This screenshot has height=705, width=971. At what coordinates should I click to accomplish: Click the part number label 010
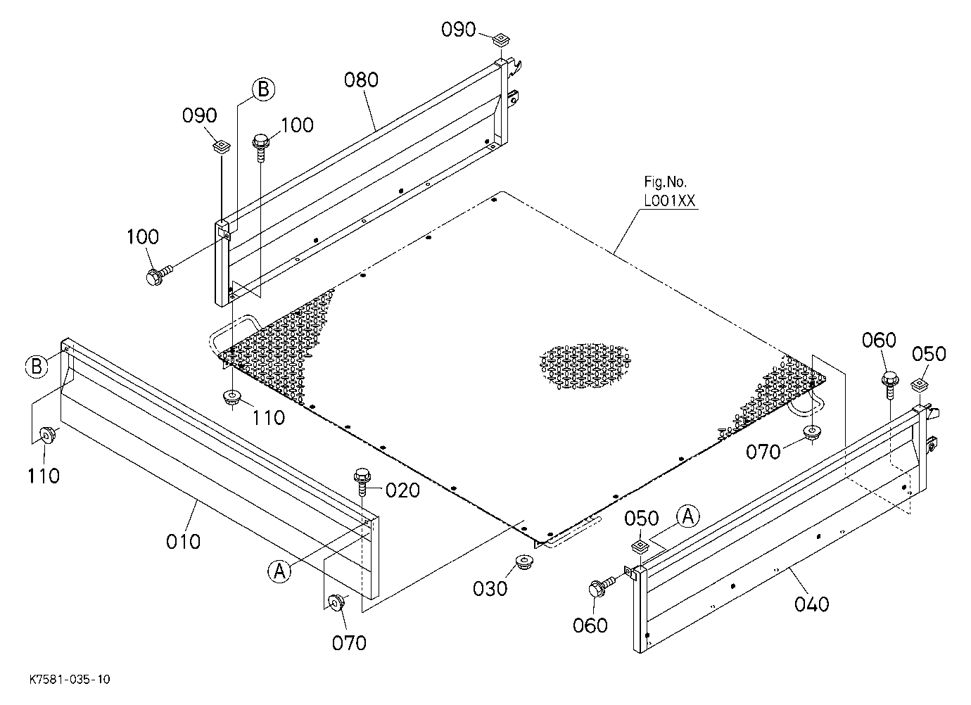pos(184,542)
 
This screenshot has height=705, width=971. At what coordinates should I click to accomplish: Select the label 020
pos(402,490)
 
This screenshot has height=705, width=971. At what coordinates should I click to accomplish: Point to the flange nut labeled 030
pos(524,563)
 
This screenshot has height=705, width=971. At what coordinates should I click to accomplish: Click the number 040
pos(811,604)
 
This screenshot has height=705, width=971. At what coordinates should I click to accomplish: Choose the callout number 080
pos(361,80)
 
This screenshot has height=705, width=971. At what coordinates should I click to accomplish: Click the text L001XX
pos(670,201)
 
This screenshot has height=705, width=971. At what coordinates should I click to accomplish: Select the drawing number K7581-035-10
pos(70,680)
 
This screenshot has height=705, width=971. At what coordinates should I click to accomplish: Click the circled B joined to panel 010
pos(37,366)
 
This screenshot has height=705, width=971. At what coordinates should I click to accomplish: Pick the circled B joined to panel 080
pos(264,89)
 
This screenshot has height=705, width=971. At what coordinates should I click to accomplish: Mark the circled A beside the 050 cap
pos(688,516)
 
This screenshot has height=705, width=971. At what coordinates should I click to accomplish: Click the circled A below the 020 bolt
pos(279,571)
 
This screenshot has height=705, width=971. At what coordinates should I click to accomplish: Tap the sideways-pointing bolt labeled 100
pos(158,274)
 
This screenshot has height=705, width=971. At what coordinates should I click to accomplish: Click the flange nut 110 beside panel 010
pos(46,435)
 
